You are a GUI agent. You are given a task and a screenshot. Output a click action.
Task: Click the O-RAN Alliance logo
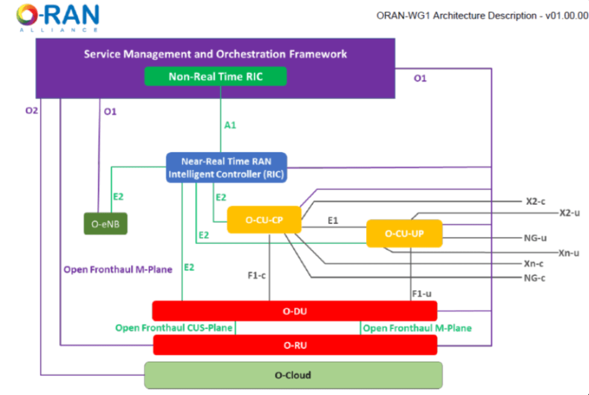point(58,17)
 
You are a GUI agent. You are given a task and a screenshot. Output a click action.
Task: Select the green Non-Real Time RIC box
point(215,77)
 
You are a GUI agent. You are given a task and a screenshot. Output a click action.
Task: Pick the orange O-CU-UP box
point(404,233)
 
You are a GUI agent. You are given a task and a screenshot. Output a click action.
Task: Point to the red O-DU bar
point(294,311)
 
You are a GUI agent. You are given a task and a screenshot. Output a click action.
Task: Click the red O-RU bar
point(294,345)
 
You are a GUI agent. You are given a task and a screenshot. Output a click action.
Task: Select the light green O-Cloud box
point(293,375)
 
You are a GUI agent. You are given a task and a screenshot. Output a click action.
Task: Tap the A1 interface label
point(230,125)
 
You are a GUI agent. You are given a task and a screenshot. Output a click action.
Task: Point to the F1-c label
point(257,275)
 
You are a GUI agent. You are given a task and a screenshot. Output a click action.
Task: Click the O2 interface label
point(32,111)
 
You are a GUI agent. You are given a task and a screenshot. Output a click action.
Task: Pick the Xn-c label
point(535,263)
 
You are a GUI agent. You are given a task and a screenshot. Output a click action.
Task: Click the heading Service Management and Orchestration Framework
point(215,54)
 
